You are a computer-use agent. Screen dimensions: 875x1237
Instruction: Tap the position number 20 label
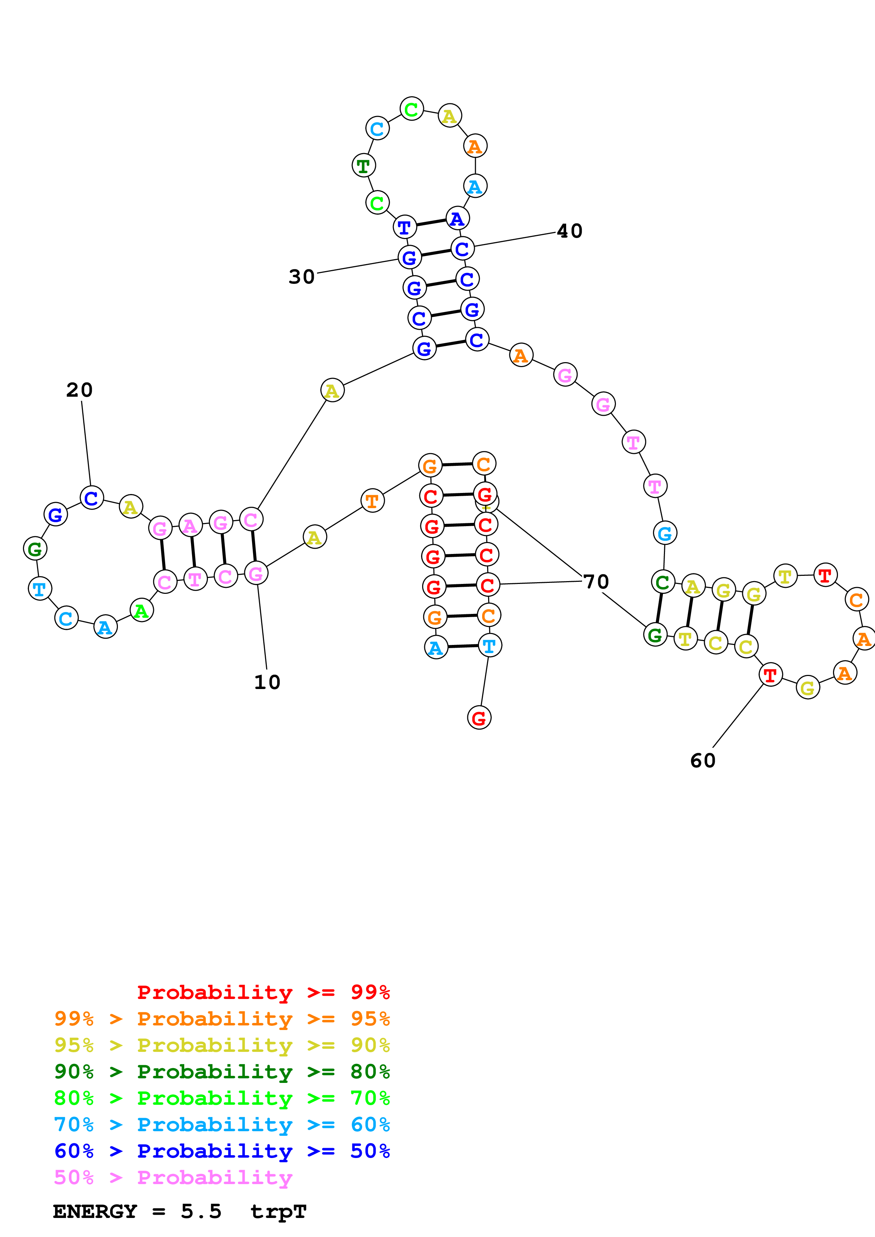coord(79,390)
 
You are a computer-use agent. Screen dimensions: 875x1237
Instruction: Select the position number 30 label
coord(301,277)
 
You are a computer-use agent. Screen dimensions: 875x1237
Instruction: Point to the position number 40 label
coord(569,231)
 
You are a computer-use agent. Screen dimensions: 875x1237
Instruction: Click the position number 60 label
coord(702,761)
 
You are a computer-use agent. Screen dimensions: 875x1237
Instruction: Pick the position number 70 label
coord(596,582)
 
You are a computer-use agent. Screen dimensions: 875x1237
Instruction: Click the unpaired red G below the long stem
coord(479,718)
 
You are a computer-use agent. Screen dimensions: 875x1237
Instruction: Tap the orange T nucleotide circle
coord(372,501)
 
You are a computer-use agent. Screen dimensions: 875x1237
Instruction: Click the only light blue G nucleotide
coord(665,534)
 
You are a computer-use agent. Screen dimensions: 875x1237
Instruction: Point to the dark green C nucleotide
coord(663,582)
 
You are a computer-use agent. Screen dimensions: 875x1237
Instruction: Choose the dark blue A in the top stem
coord(457,218)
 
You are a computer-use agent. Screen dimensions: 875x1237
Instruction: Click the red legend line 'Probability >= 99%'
coord(263,992)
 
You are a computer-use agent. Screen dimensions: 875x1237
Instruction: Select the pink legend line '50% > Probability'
coord(173,1177)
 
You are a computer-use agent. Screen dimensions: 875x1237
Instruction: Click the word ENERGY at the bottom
coord(95,1211)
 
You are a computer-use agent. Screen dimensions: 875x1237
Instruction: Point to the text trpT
coord(278,1212)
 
